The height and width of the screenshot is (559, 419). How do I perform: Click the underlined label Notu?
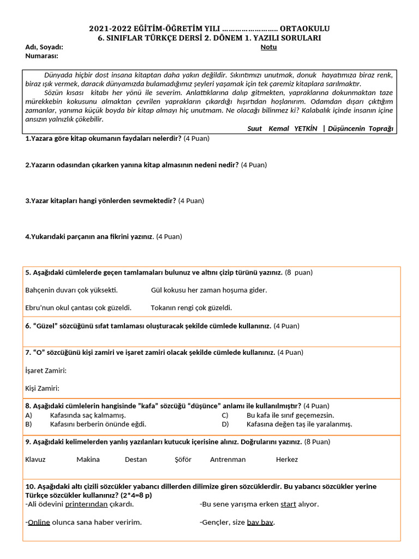(x=268, y=47)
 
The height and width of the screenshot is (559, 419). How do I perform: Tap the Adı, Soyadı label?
(x=44, y=47)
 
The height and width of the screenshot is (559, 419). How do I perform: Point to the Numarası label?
(x=41, y=56)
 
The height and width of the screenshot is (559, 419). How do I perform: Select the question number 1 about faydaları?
(x=28, y=139)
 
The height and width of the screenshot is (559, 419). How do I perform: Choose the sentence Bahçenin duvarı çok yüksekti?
(x=71, y=290)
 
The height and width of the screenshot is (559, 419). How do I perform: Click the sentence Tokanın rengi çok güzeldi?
(x=191, y=307)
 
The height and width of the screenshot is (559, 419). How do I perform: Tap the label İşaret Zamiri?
(x=46, y=371)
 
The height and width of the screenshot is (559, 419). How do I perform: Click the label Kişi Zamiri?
(x=42, y=388)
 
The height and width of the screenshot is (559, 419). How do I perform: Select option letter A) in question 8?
(x=29, y=415)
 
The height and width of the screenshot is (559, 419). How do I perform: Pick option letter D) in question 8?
(x=225, y=424)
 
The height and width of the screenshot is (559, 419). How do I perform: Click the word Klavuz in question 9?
(x=35, y=459)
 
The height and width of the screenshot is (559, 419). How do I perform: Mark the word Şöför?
(x=183, y=459)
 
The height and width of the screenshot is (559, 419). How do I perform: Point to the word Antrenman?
(x=228, y=459)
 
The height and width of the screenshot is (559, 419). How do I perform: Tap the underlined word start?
(x=288, y=504)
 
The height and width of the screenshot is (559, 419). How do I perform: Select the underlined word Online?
(x=39, y=522)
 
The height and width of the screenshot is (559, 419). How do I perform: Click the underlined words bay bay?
(x=260, y=522)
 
